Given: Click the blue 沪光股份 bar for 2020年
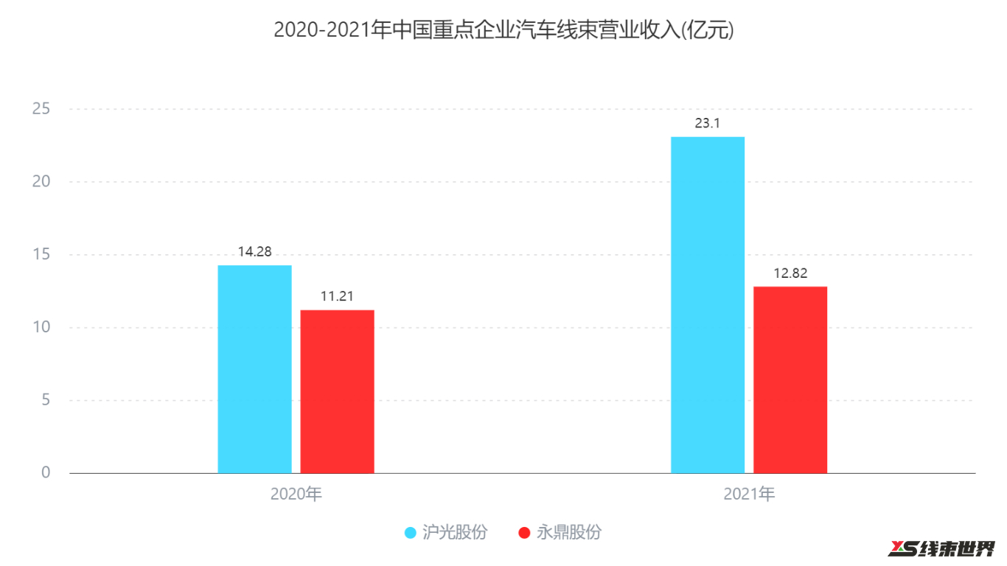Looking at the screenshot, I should [254, 368].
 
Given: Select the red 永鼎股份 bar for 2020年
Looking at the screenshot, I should [337, 391].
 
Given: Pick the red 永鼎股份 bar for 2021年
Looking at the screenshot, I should [790, 380].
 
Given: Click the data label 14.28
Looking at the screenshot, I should [254, 252].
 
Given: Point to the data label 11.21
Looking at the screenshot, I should [337, 297].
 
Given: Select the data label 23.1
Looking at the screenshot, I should [707, 124].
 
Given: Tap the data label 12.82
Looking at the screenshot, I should [790, 273].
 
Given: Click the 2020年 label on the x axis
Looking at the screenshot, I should [296, 494].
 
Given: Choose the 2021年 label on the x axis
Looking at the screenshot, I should [748, 494].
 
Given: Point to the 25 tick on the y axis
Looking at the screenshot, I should [41, 109].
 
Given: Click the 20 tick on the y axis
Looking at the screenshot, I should [41, 182].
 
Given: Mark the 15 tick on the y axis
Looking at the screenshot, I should [41, 255].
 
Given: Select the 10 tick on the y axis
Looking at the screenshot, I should [41, 327].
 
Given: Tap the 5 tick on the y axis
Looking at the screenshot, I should [46, 400].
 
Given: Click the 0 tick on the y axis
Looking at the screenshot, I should [46, 472].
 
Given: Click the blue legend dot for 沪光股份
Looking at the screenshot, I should [411, 533].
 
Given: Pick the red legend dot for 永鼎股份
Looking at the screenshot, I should [524, 533].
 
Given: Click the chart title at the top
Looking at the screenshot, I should [503, 30].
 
